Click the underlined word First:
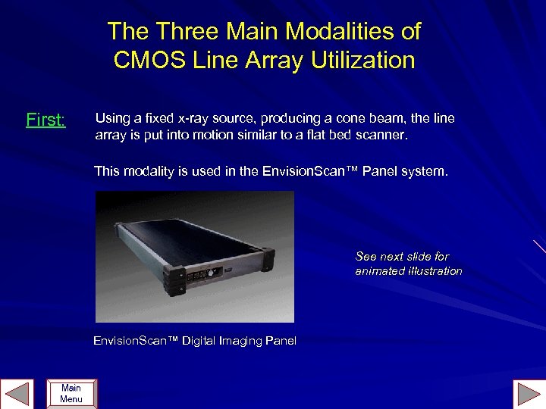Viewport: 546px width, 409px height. pyautogui.click(x=45, y=120)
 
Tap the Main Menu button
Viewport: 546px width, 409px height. pyautogui.click(x=71, y=394)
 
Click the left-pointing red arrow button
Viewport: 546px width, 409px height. pyautogui.click(x=17, y=394)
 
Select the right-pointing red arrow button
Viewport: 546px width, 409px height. pyautogui.click(x=529, y=394)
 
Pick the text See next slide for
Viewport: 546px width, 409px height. pyautogui.click(x=402, y=257)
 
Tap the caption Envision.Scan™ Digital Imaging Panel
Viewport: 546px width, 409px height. pyautogui.click(x=195, y=341)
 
